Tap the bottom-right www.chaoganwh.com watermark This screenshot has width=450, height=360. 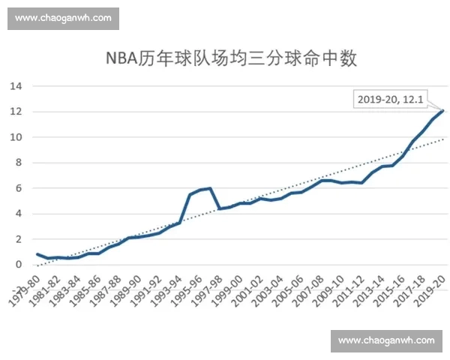click(386, 340)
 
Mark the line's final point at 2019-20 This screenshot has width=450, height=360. click(443, 111)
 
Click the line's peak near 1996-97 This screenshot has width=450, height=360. click(211, 188)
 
